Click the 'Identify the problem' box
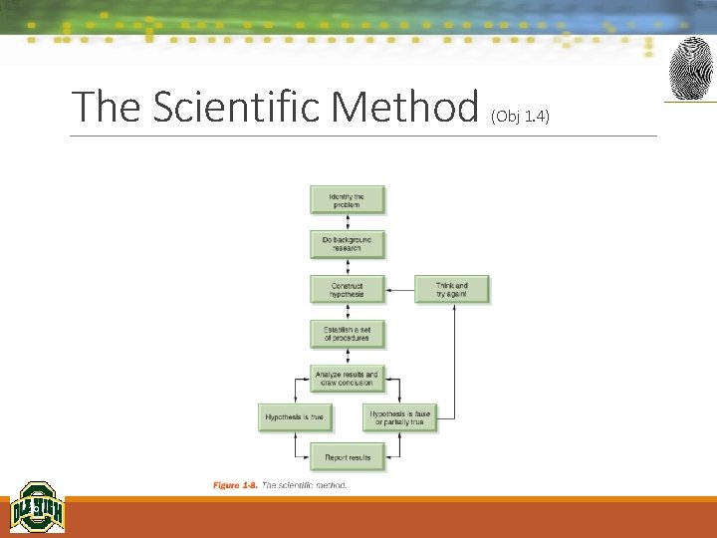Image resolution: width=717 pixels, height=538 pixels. (x=347, y=200)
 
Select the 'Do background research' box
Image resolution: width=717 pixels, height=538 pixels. (x=347, y=244)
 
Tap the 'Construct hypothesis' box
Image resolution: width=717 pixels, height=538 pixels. (x=347, y=290)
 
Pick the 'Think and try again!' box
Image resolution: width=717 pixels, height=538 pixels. (x=451, y=290)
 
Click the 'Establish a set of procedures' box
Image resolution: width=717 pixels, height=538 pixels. (x=347, y=334)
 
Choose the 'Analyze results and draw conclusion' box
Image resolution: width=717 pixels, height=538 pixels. (x=347, y=379)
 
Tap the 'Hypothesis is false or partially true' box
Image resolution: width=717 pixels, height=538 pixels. (x=399, y=417)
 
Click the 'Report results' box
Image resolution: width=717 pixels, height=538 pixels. (x=347, y=457)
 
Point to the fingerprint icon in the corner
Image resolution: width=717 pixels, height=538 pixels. (x=689, y=69)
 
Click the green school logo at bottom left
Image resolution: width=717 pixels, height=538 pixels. (x=37, y=508)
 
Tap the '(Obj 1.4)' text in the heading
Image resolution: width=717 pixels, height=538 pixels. (x=520, y=116)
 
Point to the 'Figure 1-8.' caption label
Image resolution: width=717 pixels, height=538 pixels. (x=235, y=485)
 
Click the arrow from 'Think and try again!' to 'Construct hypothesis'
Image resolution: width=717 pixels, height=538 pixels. (x=399, y=290)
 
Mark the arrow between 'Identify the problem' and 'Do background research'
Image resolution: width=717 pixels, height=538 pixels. (x=347, y=222)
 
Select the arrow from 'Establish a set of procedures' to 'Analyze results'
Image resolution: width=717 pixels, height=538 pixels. (x=347, y=357)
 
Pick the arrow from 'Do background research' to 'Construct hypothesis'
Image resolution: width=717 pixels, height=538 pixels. (x=347, y=267)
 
